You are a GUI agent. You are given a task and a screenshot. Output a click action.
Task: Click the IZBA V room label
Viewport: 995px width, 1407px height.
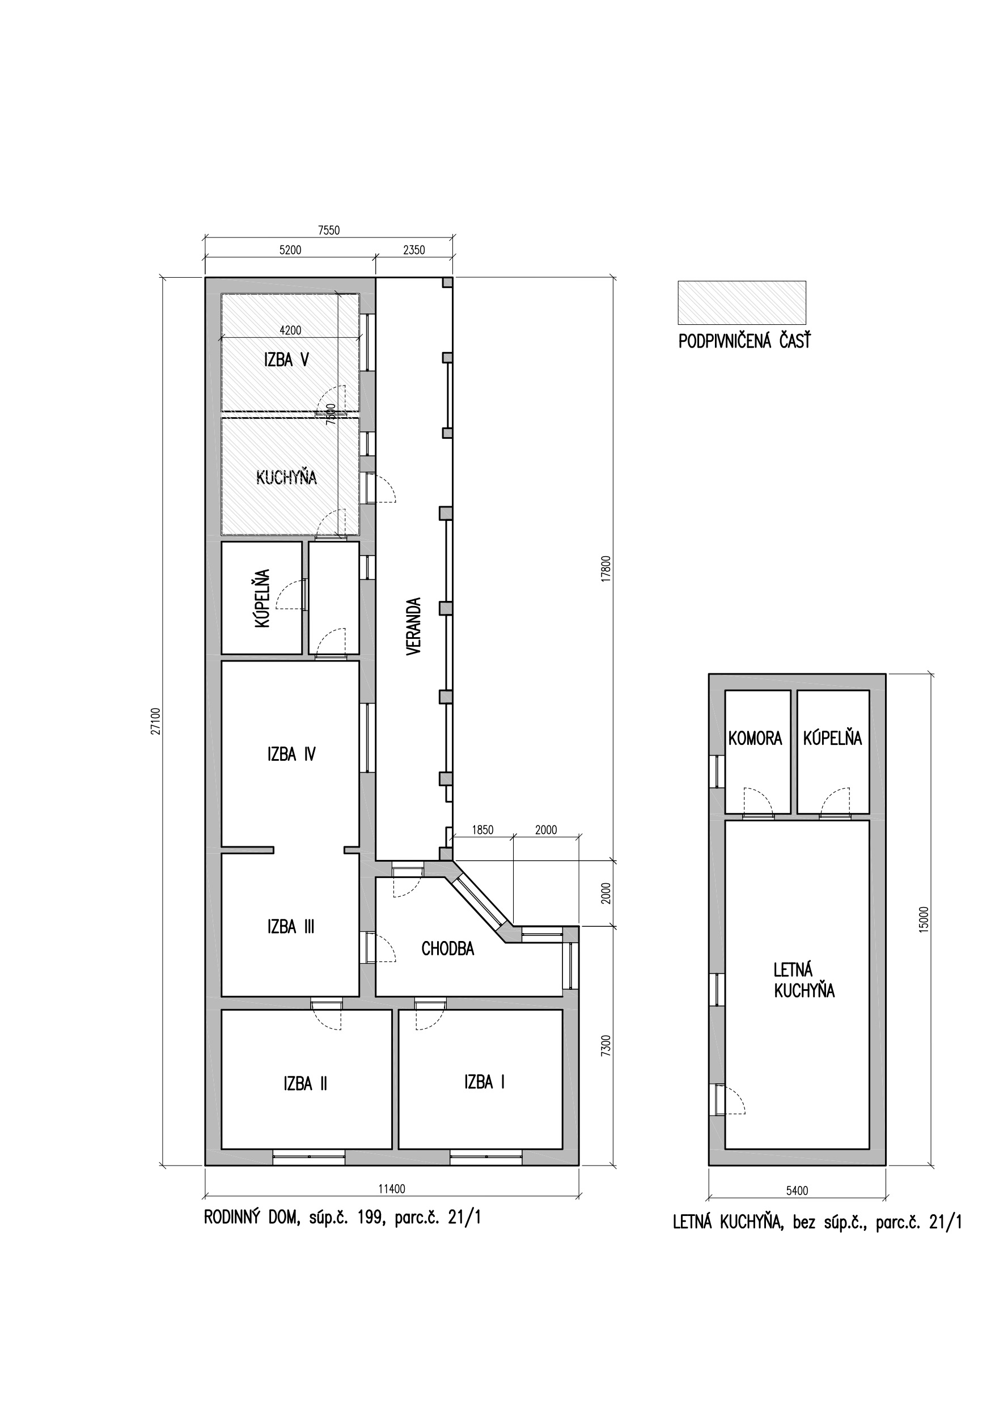tap(286, 360)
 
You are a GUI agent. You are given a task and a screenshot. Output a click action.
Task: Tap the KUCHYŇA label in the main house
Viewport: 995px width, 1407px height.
tap(286, 477)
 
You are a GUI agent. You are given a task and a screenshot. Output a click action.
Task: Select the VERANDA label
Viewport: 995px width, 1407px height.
tap(414, 627)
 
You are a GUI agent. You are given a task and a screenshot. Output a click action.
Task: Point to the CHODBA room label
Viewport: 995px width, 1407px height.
tap(447, 948)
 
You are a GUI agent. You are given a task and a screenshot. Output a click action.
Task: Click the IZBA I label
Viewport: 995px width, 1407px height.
tap(484, 1082)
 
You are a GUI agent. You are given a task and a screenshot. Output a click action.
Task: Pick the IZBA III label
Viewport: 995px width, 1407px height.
tap(291, 926)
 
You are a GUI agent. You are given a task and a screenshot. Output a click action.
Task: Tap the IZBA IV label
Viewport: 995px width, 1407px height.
tap(291, 754)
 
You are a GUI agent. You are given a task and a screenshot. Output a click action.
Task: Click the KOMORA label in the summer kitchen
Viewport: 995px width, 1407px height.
tap(755, 739)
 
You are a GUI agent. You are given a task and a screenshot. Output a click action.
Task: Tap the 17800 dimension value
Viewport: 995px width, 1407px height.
tap(606, 568)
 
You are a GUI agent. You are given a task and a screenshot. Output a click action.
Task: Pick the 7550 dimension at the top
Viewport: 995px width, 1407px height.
tap(329, 230)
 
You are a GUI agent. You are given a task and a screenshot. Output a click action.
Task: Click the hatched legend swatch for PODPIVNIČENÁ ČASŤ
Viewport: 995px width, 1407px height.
tap(742, 302)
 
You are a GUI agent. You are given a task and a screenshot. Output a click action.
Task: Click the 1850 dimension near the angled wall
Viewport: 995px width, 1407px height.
tap(482, 830)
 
